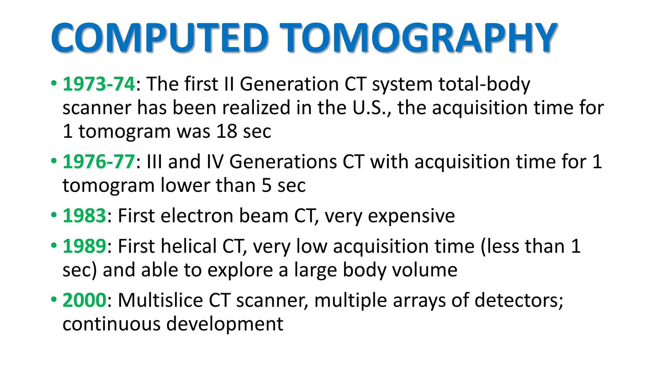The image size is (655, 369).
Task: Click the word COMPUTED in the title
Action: pyautogui.click(x=159, y=37)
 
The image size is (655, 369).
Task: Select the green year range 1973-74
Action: pyautogui.click(x=99, y=84)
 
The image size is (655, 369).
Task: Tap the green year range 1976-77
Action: pyautogui.click(x=99, y=161)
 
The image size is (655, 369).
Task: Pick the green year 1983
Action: pyautogui.click(x=84, y=216)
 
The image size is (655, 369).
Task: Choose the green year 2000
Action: pyautogui.click(x=84, y=300)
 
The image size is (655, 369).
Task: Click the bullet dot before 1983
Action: pyautogui.click(x=54, y=215)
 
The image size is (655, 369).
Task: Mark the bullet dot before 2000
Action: pyautogui.click(x=54, y=299)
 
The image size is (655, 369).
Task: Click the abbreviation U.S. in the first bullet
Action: pyautogui.click(x=371, y=108)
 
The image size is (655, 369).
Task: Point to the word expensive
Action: pyautogui.click(x=411, y=216)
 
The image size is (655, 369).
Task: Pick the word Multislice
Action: pyautogui.click(x=160, y=300)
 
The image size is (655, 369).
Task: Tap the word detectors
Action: pyautogui.click(x=518, y=300)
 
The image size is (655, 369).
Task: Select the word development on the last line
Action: pyautogui.click(x=225, y=324)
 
